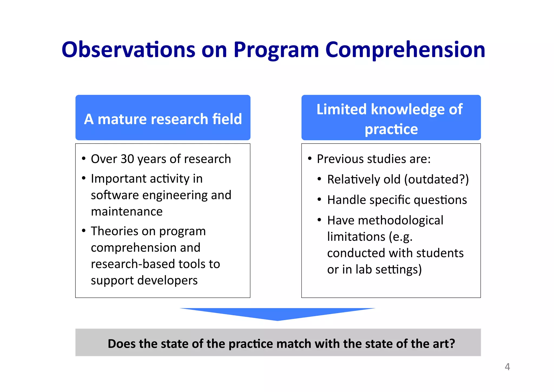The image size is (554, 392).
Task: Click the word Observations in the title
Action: tap(128, 50)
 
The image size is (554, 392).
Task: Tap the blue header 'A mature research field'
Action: tap(163, 119)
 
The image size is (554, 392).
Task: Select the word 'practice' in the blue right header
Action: tap(391, 129)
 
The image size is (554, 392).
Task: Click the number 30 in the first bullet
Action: tap(127, 159)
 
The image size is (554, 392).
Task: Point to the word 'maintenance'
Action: tap(127, 212)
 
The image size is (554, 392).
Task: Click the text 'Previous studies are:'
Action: tap(374, 159)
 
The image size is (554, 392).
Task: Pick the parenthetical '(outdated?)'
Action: tap(436, 180)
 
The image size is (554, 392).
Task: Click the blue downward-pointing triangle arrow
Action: tap(277, 313)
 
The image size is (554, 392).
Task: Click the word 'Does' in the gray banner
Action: tap(121, 344)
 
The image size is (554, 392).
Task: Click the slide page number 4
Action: tap(507, 367)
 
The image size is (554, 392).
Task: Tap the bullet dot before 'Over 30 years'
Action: tap(84, 158)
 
